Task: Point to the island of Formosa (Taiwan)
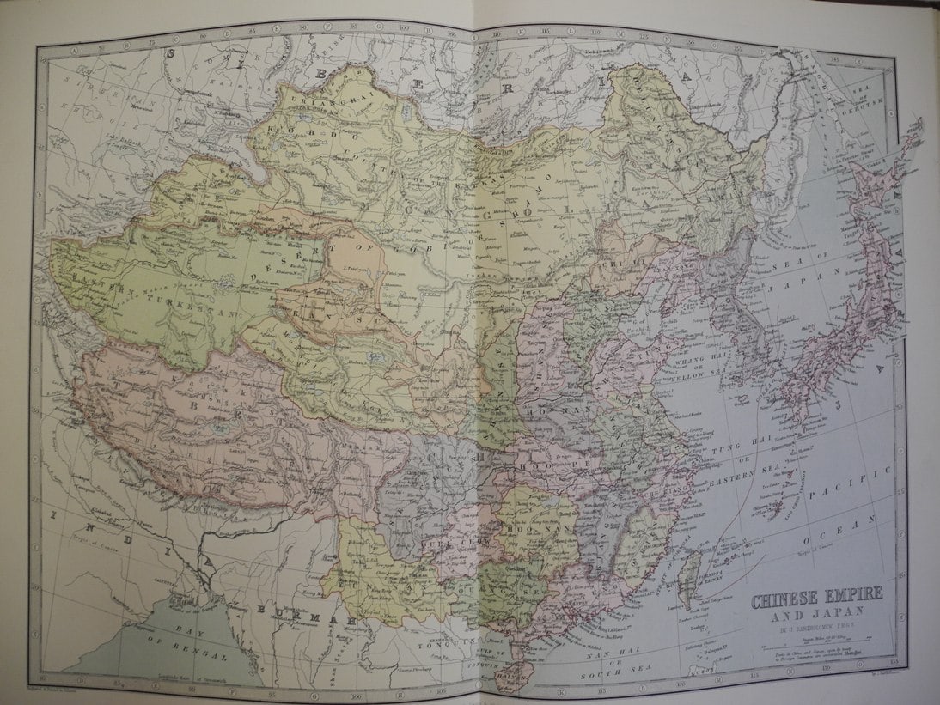pos(688,584)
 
